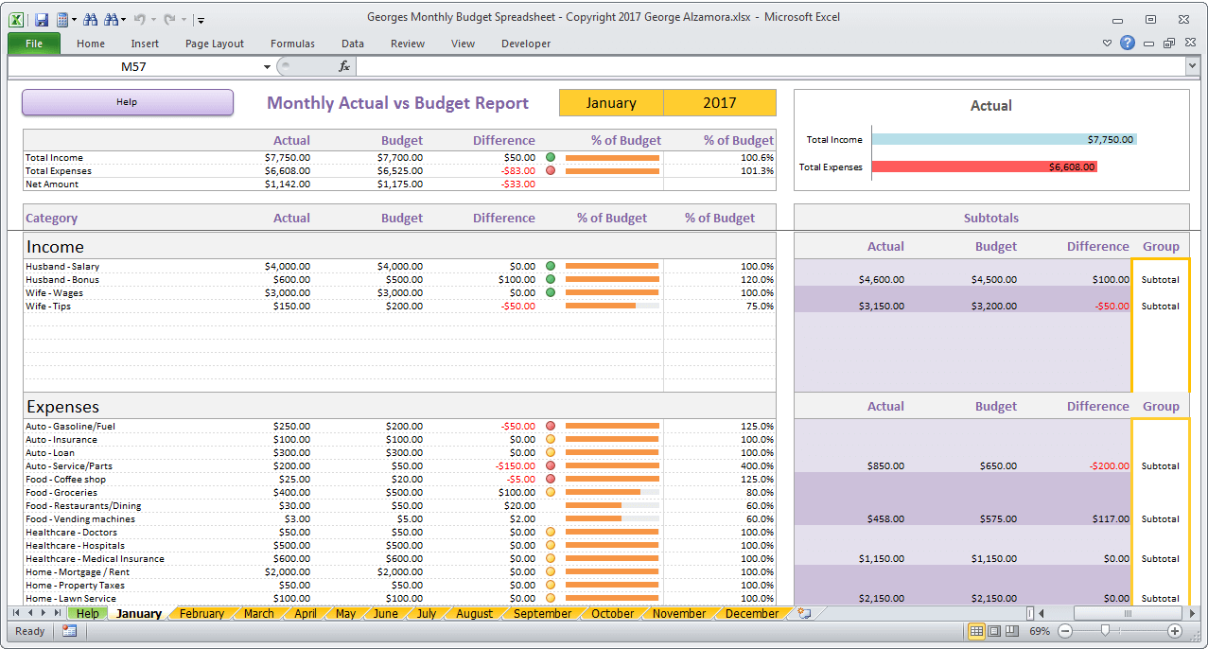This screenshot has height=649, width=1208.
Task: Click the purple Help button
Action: point(127,102)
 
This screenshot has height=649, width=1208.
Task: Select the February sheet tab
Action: point(201,614)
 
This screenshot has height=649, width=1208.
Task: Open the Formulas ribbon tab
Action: point(292,44)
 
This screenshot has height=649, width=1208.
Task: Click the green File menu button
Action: point(34,44)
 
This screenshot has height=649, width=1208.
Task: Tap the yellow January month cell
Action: point(611,103)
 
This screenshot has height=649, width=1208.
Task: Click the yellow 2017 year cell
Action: point(719,103)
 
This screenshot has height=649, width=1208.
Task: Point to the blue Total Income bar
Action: point(1003,139)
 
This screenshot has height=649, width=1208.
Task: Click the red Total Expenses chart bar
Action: point(984,167)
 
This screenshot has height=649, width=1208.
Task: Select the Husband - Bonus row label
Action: point(62,280)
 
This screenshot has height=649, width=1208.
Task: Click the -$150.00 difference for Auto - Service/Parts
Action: point(516,466)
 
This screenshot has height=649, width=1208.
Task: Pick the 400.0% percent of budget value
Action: point(757,466)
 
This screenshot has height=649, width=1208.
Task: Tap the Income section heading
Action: point(55,247)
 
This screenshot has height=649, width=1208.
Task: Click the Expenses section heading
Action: point(62,407)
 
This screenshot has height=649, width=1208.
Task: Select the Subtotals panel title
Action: point(990,219)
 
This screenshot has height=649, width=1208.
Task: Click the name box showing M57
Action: point(133,66)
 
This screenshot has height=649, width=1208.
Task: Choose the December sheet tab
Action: point(751,614)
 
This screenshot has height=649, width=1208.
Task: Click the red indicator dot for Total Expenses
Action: point(550,171)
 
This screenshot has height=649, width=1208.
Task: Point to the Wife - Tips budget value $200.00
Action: point(404,307)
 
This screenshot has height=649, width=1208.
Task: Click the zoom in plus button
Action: point(1175,631)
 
